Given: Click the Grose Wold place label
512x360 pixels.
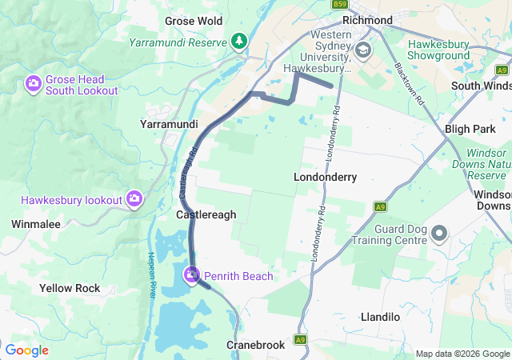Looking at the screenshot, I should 193,20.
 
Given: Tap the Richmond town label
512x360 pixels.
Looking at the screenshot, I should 366,20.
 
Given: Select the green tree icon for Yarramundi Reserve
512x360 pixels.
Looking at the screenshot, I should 238,41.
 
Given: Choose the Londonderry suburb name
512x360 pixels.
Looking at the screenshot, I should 325,176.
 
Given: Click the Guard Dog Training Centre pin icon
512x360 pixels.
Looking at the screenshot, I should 439,234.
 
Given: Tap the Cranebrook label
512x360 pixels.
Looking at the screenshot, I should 255,345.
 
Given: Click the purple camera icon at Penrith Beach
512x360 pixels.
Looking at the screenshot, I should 192,276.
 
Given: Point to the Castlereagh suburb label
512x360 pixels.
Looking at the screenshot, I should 206,214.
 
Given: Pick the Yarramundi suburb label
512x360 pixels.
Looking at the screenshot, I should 169,125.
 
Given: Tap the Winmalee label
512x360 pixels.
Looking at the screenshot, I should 36,224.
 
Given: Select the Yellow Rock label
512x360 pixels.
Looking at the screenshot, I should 70,287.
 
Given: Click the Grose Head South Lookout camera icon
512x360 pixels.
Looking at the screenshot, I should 34,82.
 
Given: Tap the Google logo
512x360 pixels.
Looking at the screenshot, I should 26,350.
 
